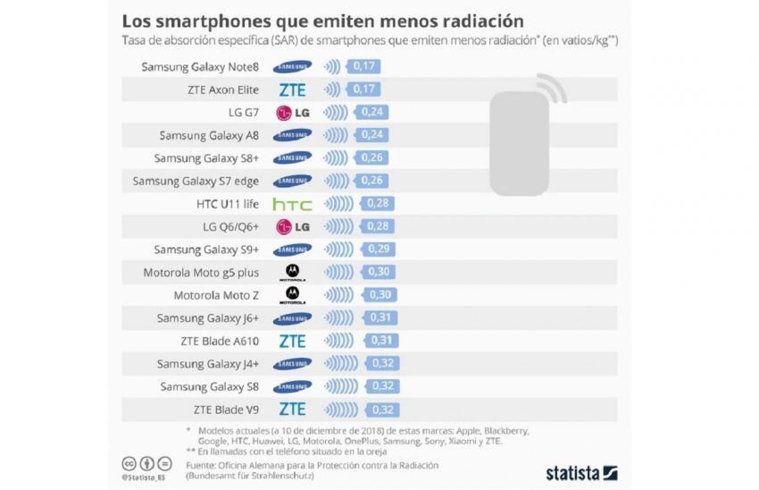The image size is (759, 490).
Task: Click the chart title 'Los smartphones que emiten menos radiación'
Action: [x=322, y=20]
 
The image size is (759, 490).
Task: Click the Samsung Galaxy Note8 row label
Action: [x=200, y=66]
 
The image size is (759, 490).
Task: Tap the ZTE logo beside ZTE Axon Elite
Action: [x=292, y=89]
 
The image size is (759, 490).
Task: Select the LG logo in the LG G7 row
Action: [x=292, y=113]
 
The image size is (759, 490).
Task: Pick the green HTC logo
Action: [x=292, y=204]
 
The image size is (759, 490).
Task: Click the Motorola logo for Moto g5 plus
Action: [x=292, y=272]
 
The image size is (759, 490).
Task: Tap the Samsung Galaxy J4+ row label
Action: [x=208, y=364]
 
